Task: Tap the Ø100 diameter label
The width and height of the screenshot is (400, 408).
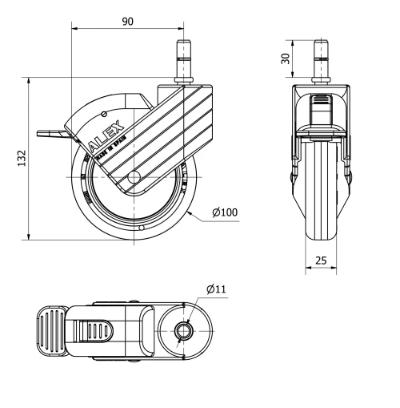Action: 225,212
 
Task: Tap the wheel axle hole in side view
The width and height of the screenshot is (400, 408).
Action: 134,177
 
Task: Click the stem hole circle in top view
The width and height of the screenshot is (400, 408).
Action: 183,329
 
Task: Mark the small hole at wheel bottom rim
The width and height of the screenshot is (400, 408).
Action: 141,228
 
